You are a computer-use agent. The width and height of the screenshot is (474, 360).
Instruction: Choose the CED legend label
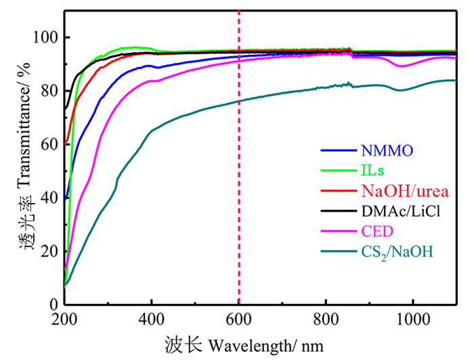370,232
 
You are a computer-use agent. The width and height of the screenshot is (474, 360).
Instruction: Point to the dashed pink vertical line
239,203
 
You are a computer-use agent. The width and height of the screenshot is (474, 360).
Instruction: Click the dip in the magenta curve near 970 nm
402,66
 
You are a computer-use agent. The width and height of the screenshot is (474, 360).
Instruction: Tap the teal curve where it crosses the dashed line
239,102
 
